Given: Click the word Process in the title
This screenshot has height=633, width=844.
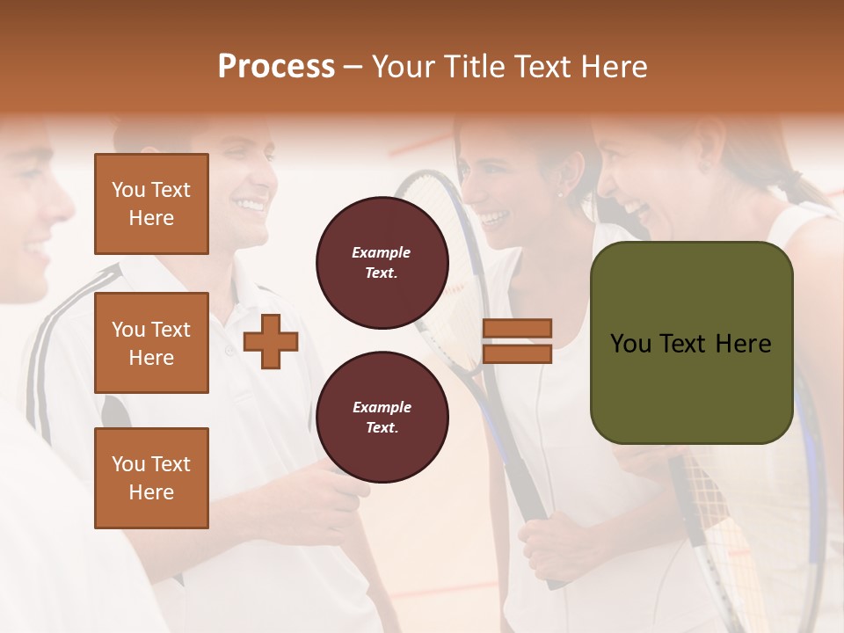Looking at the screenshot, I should point(276,67).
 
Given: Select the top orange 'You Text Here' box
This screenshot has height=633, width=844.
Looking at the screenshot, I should point(151,204).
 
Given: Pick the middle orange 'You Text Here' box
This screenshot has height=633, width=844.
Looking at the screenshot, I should point(151,343).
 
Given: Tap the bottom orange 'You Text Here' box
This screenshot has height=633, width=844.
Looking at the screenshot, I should point(151,477).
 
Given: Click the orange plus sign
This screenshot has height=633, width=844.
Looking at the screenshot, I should point(271,341).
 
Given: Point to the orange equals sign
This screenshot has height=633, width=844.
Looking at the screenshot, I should point(518,341).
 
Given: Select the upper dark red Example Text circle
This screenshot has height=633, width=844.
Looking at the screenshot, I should point(382,262).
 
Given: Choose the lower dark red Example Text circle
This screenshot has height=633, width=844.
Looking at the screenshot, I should point(382,418).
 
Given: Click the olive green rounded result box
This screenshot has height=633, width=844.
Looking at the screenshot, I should point(692,342).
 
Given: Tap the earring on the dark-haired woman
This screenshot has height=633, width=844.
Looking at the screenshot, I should point(560,194).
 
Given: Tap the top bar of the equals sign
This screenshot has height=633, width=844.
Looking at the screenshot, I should point(518,329).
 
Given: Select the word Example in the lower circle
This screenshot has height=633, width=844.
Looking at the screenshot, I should point(382,407).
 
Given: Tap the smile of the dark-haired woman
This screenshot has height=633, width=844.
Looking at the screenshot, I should point(494,215).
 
